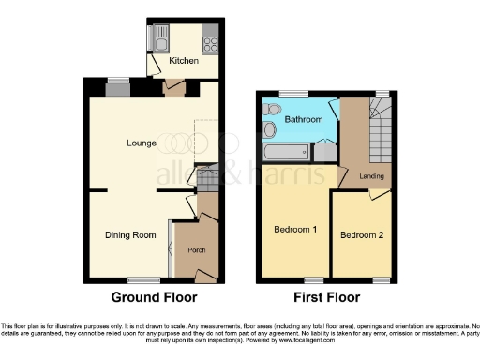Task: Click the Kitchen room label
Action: (183, 61)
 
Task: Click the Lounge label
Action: (142, 143)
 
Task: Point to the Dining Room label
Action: (130, 235)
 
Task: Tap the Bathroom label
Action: (304, 120)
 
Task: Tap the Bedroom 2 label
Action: (362, 234)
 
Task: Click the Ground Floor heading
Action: (154, 298)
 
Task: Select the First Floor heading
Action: (327, 298)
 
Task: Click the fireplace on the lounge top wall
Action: (118, 89)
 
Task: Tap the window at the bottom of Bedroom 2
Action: (381, 280)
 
